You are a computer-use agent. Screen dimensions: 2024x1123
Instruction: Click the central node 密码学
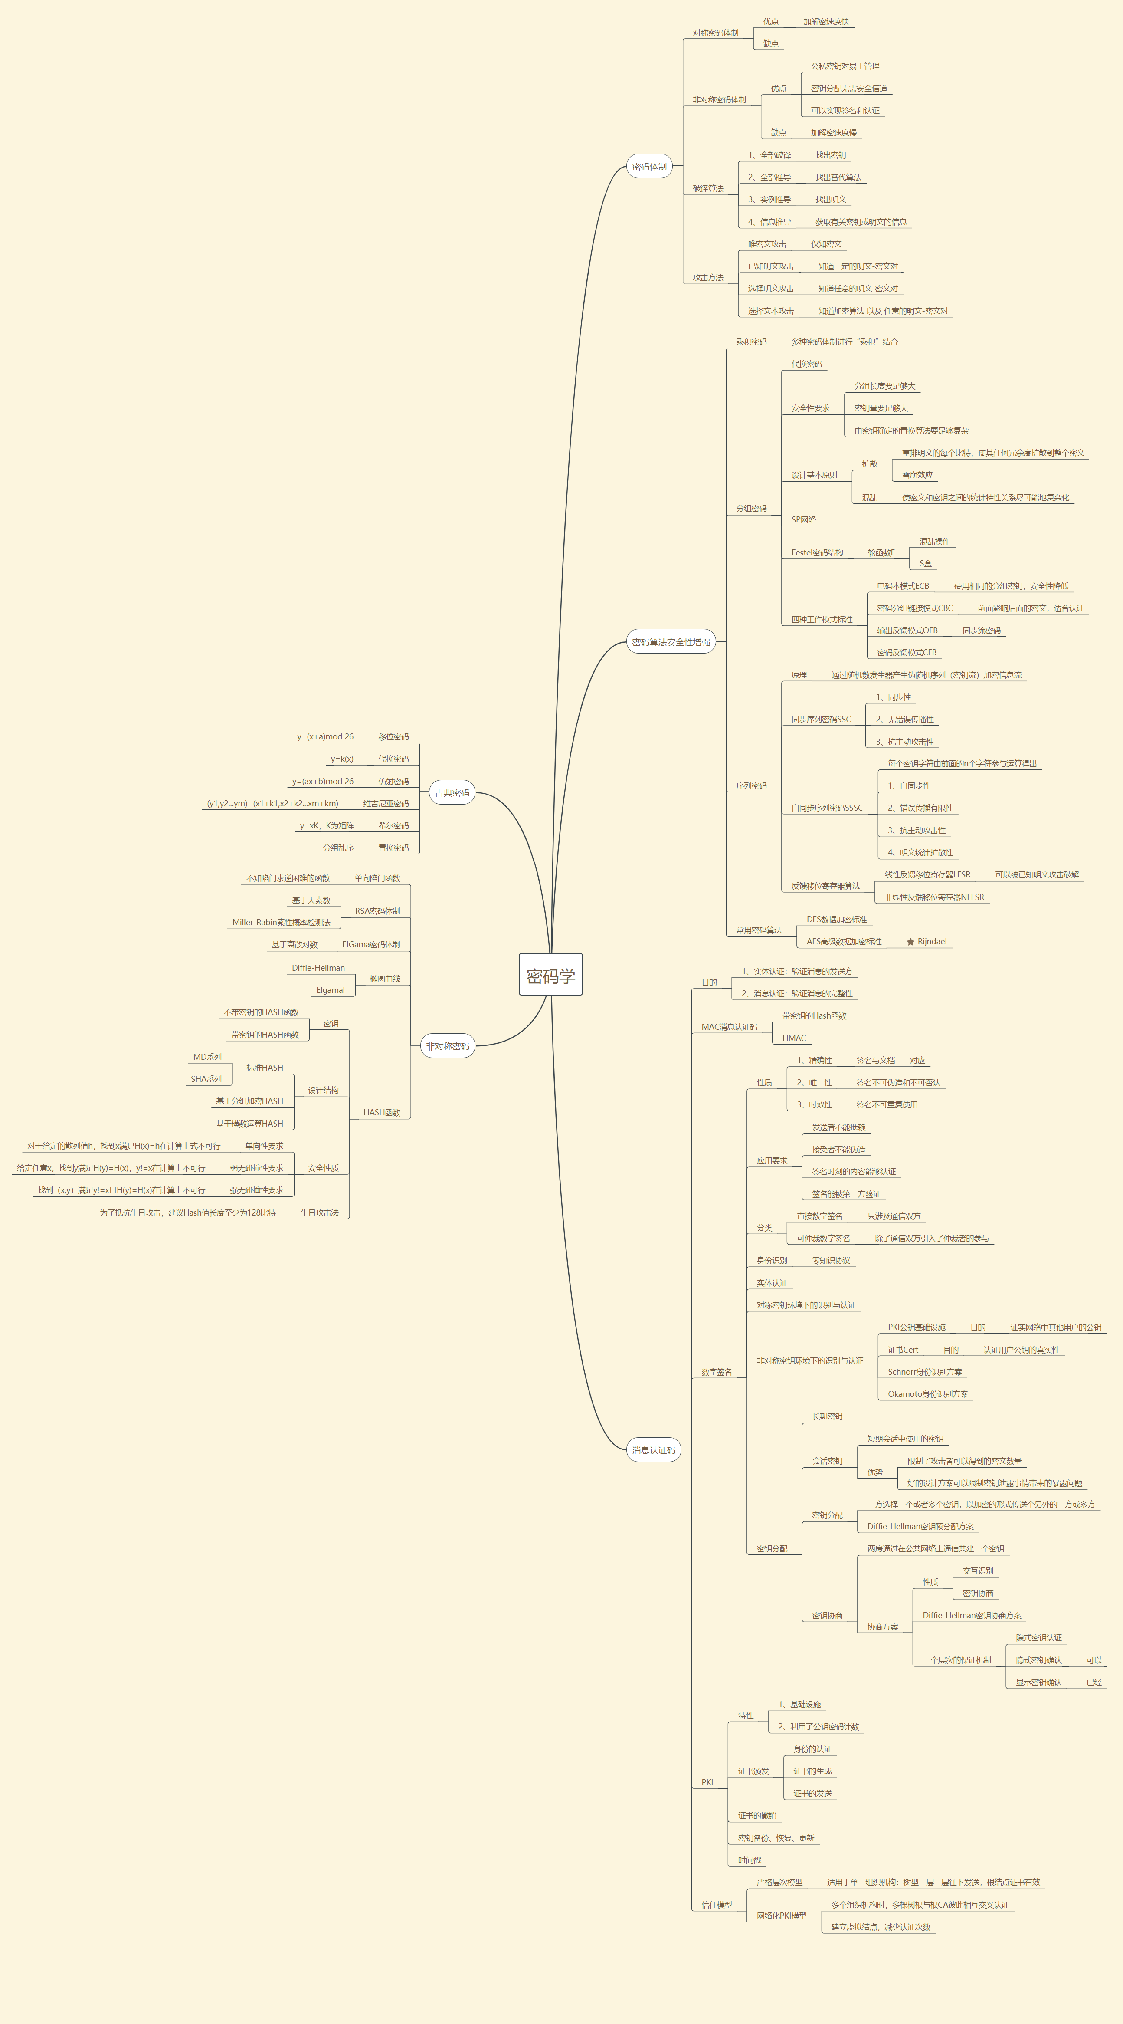click(x=550, y=975)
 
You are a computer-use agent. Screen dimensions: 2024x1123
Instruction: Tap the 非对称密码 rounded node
click(x=448, y=1046)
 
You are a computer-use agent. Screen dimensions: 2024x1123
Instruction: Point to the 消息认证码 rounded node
click(x=653, y=1449)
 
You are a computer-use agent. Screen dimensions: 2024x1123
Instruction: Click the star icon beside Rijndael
click(x=910, y=941)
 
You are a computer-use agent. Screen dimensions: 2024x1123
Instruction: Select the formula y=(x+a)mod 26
click(x=325, y=737)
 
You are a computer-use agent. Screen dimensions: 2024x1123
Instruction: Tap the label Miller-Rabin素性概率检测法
click(x=281, y=923)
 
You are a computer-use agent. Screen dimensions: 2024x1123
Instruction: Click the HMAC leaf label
click(x=793, y=1038)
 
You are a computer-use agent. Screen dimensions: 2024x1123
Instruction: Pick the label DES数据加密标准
click(x=836, y=919)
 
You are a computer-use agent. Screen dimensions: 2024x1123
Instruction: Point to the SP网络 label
click(x=803, y=519)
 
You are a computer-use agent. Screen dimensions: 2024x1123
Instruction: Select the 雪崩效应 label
click(x=917, y=475)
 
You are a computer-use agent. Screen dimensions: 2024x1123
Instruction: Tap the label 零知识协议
click(x=831, y=1260)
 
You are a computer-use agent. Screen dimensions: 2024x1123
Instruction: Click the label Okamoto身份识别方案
click(x=927, y=1394)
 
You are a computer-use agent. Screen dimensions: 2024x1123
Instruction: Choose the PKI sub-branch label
click(x=707, y=1782)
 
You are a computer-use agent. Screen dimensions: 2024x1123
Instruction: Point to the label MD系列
click(x=207, y=1057)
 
